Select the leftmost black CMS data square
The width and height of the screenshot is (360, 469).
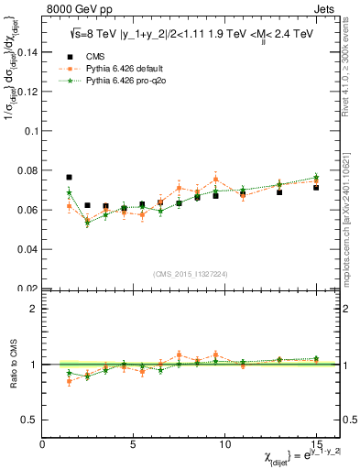click(70, 177)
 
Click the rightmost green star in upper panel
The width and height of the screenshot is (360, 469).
click(315, 177)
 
